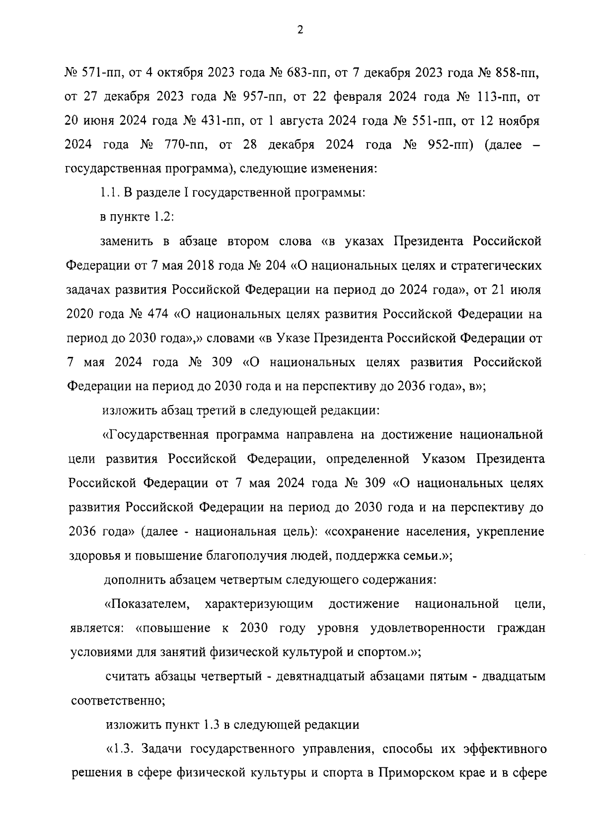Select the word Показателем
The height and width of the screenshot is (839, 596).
coord(148,604)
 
